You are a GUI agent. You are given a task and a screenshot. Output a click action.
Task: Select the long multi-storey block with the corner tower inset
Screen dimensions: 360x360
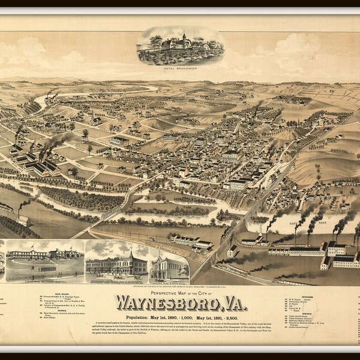point(117,264)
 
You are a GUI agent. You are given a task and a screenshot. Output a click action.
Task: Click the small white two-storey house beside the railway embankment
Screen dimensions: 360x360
point(232,251)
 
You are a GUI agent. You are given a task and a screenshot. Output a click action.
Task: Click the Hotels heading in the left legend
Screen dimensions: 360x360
point(60,312)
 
